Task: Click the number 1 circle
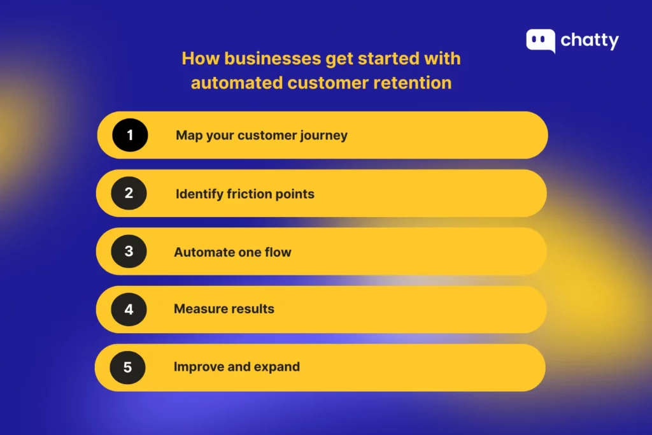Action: click(x=130, y=135)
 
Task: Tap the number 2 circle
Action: click(x=129, y=193)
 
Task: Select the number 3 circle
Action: click(x=129, y=251)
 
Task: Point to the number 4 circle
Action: click(x=129, y=310)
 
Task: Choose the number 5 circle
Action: click(x=127, y=367)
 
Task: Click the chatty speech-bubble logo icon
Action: click(x=540, y=41)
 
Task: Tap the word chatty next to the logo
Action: click(x=590, y=41)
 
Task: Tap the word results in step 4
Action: click(x=252, y=309)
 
